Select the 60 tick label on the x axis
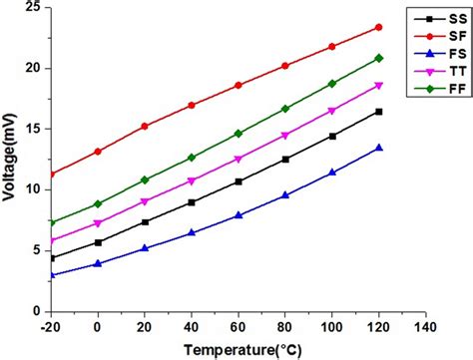click(237, 325)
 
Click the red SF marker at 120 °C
click(378, 27)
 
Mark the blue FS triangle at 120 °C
click(378, 148)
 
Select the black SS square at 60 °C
click(237, 181)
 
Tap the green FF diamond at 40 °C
click(192, 158)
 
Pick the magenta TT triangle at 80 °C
click(285, 136)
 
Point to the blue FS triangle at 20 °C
click(145, 247)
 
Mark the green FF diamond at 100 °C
click(332, 84)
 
